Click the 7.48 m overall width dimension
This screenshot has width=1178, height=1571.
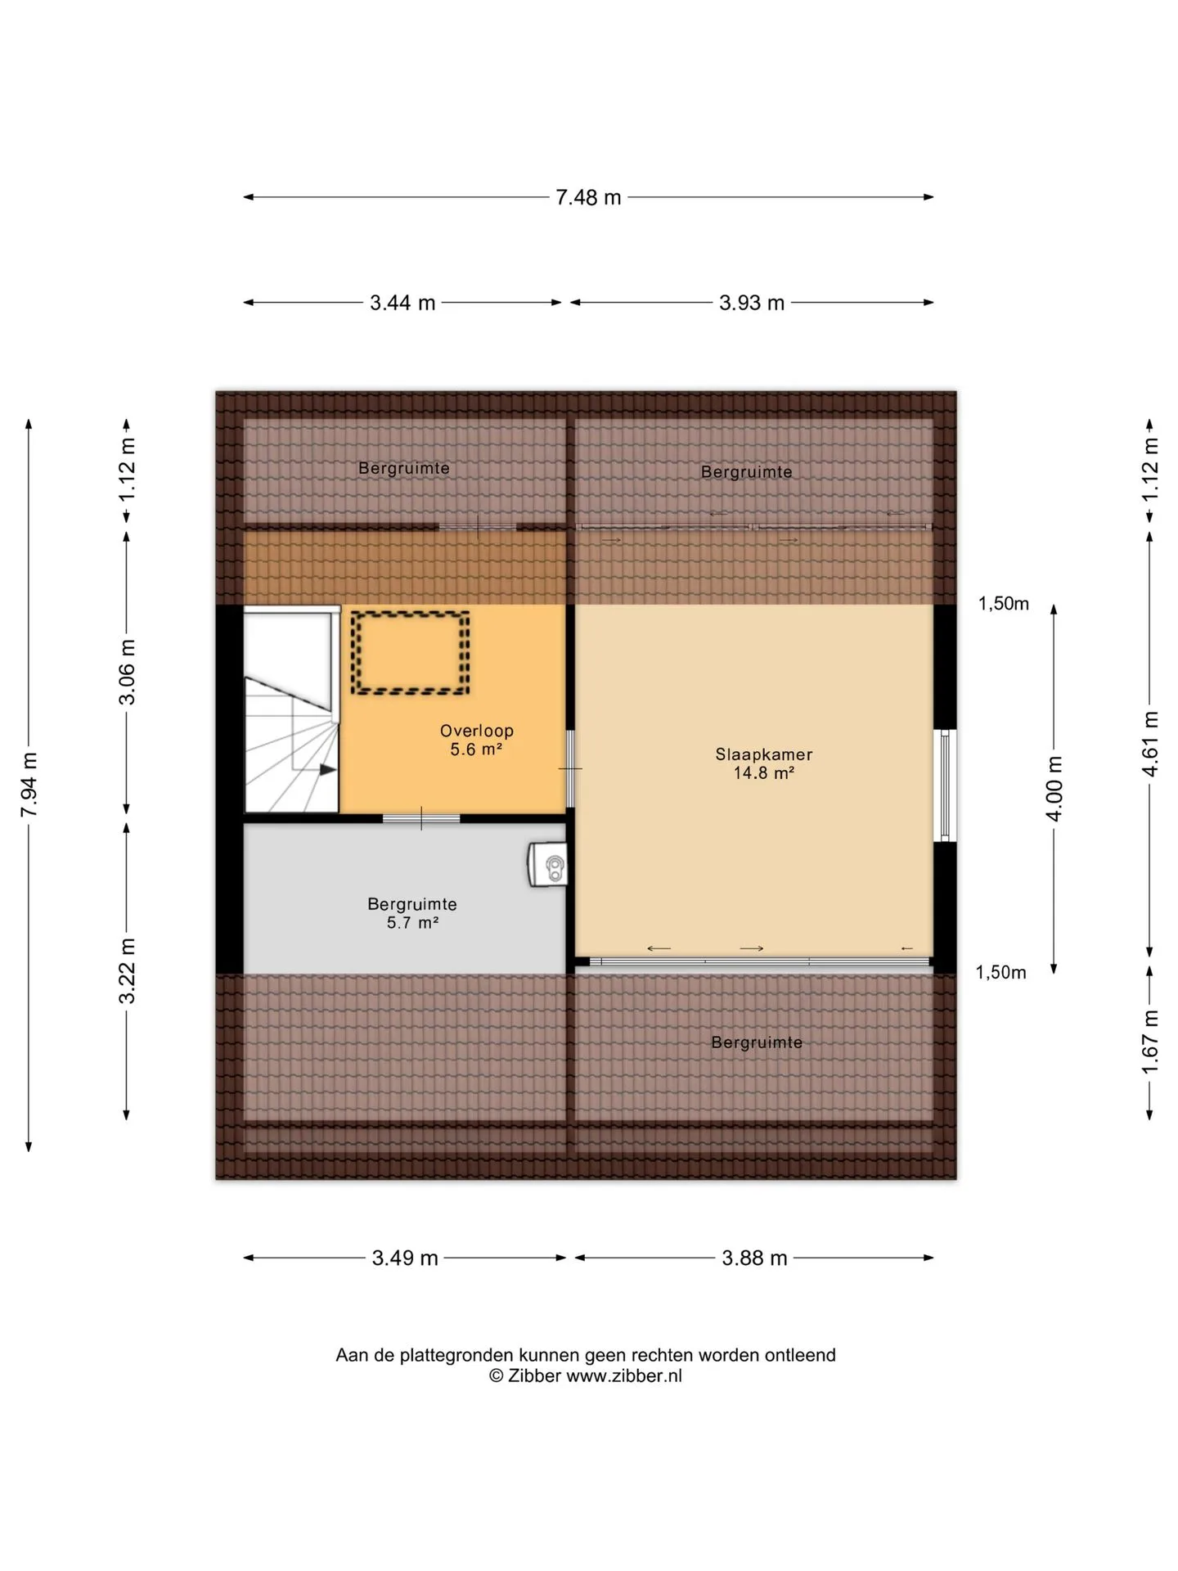coord(588,197)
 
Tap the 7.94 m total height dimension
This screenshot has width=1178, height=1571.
coord(29,784)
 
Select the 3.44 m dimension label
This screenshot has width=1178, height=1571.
coord(402,303)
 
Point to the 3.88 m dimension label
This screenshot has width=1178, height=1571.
coord(754,1258)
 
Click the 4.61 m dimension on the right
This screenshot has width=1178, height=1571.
coord(1150,744)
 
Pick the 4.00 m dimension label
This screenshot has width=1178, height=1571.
coord(1054,789)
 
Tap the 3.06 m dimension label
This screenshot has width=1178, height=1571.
coord(127,672)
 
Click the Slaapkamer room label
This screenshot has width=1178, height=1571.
coord(764,754)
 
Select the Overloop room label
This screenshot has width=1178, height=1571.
coord(477,731)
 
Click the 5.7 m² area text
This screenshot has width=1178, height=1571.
coord(413,923)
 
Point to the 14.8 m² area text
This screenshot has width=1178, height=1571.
coord(764,773)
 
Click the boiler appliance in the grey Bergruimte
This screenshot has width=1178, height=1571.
coord(548,865)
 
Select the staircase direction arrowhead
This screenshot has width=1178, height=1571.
coord(328,770)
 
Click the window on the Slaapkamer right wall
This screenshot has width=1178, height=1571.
coord(945,785)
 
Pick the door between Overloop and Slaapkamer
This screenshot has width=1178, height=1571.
coord(570,768)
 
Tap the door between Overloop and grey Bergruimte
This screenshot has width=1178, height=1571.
coord(421,818)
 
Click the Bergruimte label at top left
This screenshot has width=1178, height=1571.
coord(404,469)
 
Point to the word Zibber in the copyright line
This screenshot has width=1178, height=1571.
coord(535,1376)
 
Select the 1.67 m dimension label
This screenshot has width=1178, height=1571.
coord(1150,1042)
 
